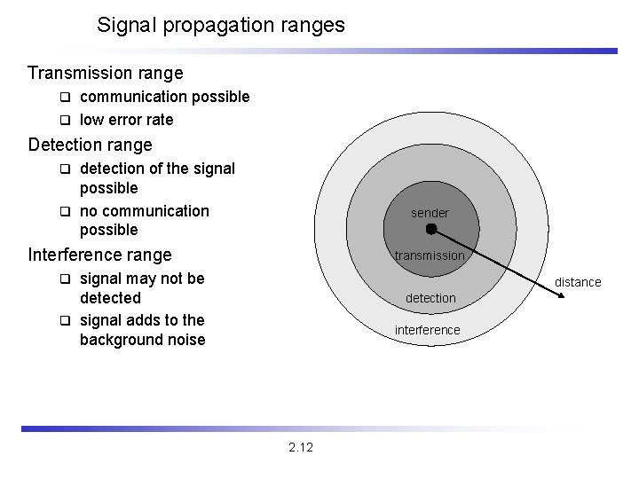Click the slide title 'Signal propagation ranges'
click(x=221, y=25)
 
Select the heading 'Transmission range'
click(x=105, y=73)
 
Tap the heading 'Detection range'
click(x=90, y=145)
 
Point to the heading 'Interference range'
click(x=99, y=255)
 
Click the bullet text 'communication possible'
click(x=164, y=97)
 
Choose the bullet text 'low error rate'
click(x=126, y=120)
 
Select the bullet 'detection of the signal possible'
click(x=156, y=177)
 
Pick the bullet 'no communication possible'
click(x=144, y=220)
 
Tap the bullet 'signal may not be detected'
click(x=141, y=288)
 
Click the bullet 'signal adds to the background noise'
click(x=141, y=330)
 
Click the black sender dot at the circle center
click(x=430, y=229)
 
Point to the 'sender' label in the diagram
click(x=430, y=213)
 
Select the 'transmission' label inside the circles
click(x=430, y=255)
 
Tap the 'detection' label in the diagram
click(x=430, y=298)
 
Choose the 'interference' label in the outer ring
click(x=428, y=330)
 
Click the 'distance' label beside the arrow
click(x=578, y=282)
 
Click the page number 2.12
click(x=301, y=446)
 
